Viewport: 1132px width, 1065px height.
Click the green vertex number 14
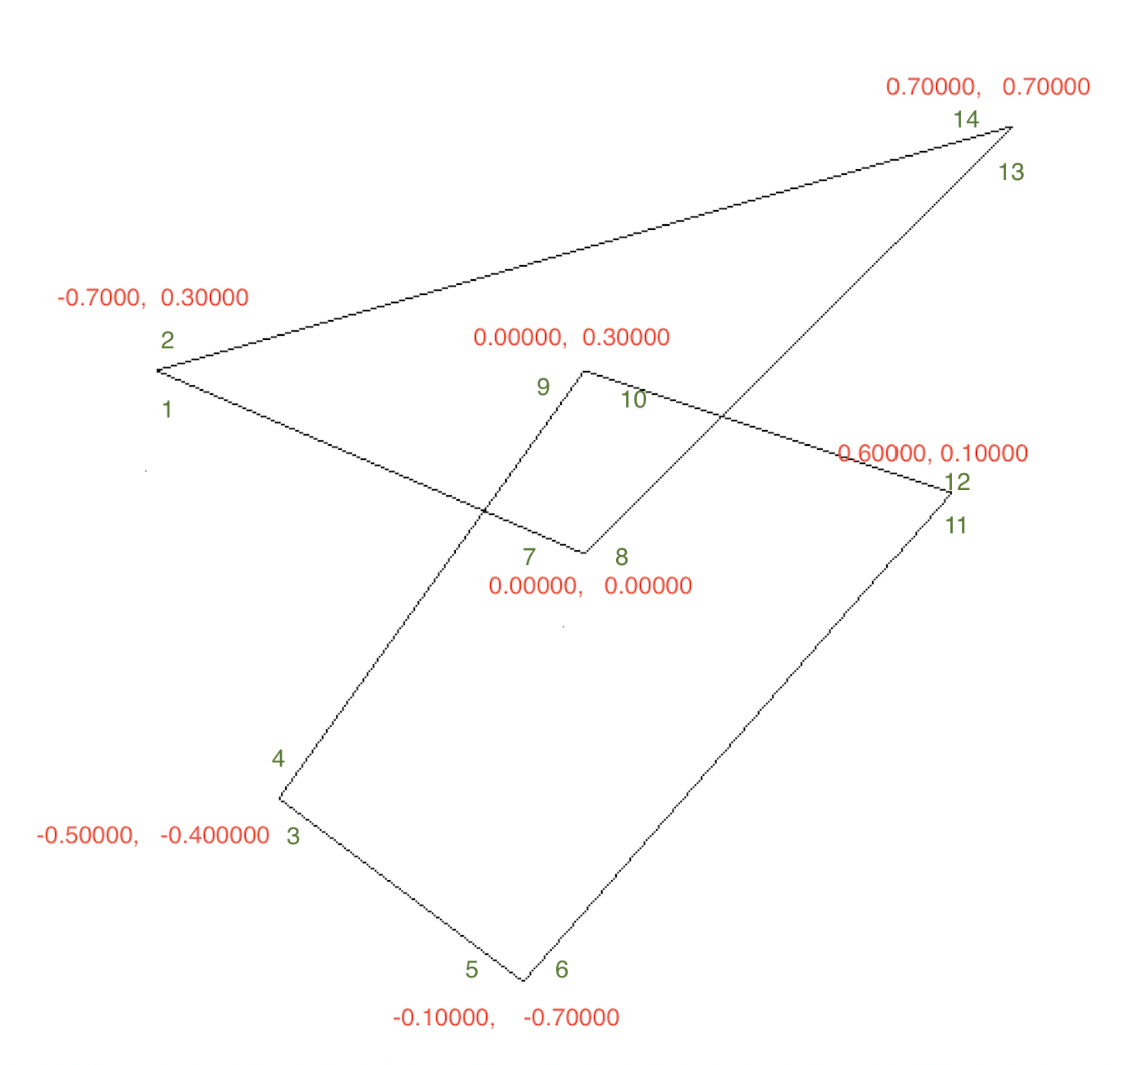tap(966, 120)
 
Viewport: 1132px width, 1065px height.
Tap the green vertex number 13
tap(1011, 172)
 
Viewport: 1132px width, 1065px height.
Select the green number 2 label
tap(168, 340)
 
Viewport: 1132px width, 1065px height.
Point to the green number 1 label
tap(168, 409)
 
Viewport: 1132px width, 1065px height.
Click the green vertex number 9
tap(543, 387)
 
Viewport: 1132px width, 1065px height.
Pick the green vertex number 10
tap(634, 400)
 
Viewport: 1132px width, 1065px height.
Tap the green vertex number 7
tap(529, 557)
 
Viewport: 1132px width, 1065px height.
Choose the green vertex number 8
tap(622, 557)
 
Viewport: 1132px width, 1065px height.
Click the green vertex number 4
tap(278, 758)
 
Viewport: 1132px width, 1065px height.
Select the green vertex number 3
tap(293, 836)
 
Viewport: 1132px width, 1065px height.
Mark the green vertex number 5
tap(472, 969)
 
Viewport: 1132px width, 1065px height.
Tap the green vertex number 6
tap(562, 969)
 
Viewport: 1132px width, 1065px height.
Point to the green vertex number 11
tap(956, 526)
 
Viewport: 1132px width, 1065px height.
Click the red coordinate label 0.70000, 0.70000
tap(988, 87)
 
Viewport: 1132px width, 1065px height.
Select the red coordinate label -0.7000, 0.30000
tap(153, 297)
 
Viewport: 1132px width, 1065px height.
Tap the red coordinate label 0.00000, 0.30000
tap(571, 337)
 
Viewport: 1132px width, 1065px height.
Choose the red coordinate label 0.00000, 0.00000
tap(590, 586)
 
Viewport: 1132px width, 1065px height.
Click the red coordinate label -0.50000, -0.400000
tap(153, 835)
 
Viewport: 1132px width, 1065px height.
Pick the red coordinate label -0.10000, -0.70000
tap(506, 1017)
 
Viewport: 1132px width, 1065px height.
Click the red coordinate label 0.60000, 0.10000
tap(932, 453)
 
